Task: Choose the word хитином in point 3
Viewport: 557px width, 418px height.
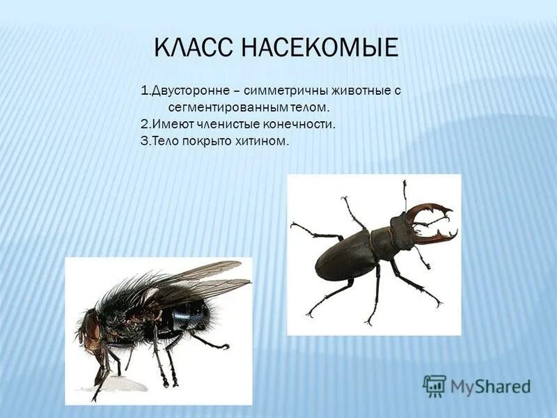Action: [263, 141]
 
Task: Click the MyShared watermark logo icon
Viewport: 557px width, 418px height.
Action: [434, 386]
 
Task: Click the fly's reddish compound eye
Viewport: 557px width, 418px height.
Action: [91, 326]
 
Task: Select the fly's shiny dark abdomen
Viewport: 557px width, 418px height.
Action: [188, 317]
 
